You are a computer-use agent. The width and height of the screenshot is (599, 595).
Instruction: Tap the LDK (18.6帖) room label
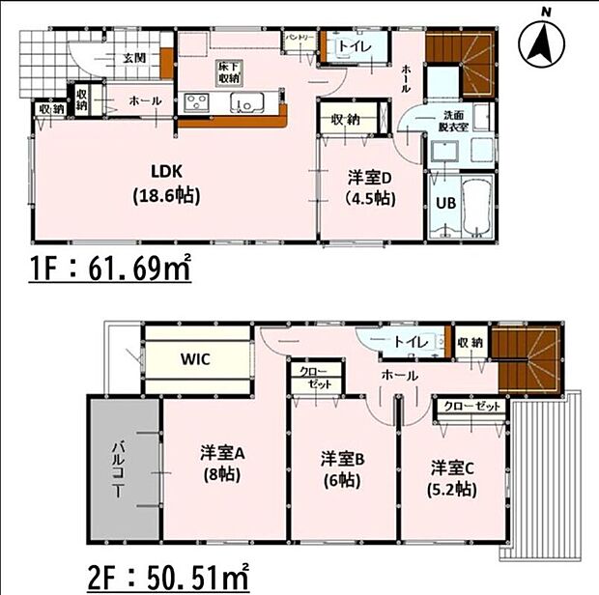click(x=166, y=183)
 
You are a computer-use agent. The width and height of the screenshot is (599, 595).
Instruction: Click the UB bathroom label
click(x=444, y=204)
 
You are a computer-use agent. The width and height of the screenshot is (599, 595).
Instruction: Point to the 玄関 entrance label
click(x=134, y=58)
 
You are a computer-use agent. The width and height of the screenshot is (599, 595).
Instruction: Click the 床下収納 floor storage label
click(x=229, y=71)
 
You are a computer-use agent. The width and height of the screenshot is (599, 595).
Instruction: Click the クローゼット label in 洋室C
click(x=471, y=407)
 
